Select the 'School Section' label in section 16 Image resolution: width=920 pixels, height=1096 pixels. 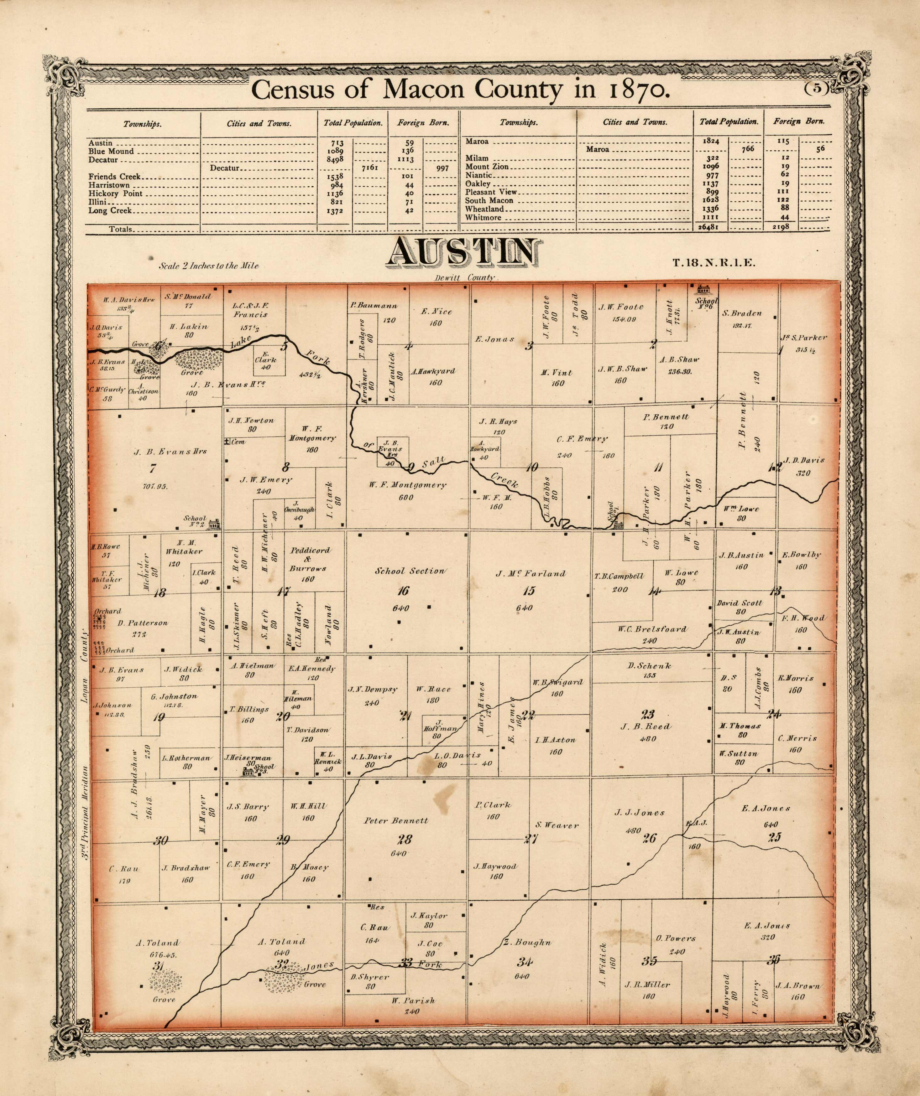[x=410, y=571]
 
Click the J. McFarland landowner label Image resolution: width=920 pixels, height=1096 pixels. [x=531, y=574]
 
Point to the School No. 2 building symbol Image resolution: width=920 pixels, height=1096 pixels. [x=213, y=524]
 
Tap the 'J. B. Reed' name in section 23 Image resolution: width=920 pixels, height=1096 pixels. [x=646, y=726]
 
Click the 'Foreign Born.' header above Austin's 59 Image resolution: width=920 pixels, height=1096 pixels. [x=423, y=123]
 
